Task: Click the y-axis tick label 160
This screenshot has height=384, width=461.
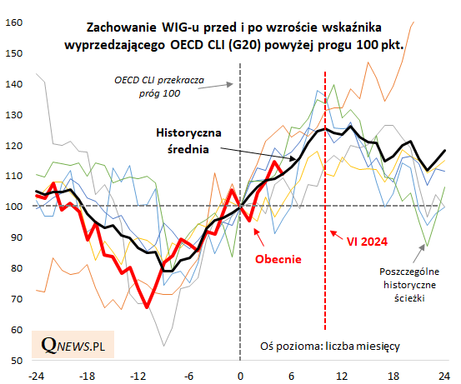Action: tap(14, 22)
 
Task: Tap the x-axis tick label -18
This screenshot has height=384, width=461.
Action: tap(87, 376)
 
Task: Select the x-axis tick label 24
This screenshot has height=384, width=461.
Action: tap(443, 376)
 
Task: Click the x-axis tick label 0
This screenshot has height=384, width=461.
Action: tap(240, 376)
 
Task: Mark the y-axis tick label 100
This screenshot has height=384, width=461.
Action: tap(14, 207)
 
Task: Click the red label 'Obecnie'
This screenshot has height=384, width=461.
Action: tap(278, 259)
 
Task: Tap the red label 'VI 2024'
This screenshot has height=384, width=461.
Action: tap(367, 242)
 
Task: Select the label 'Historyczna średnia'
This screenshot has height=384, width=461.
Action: tap(188, 141)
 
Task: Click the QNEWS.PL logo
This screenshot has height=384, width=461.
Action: tap(73, 345)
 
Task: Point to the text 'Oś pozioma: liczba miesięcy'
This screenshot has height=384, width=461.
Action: tap(330, 346)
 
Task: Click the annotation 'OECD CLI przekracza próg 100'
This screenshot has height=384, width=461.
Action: tap(159, 87)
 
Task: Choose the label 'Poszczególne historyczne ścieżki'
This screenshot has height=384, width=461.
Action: tap(409, 285)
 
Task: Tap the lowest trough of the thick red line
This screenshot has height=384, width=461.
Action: tap(147, 307)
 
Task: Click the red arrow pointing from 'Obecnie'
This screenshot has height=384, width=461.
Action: tap(258, 237)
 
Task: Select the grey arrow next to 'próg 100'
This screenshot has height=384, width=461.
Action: tap(216, 86)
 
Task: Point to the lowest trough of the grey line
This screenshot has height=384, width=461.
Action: tap(163, 346)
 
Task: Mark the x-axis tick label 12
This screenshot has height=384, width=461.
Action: tap(342, 376)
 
